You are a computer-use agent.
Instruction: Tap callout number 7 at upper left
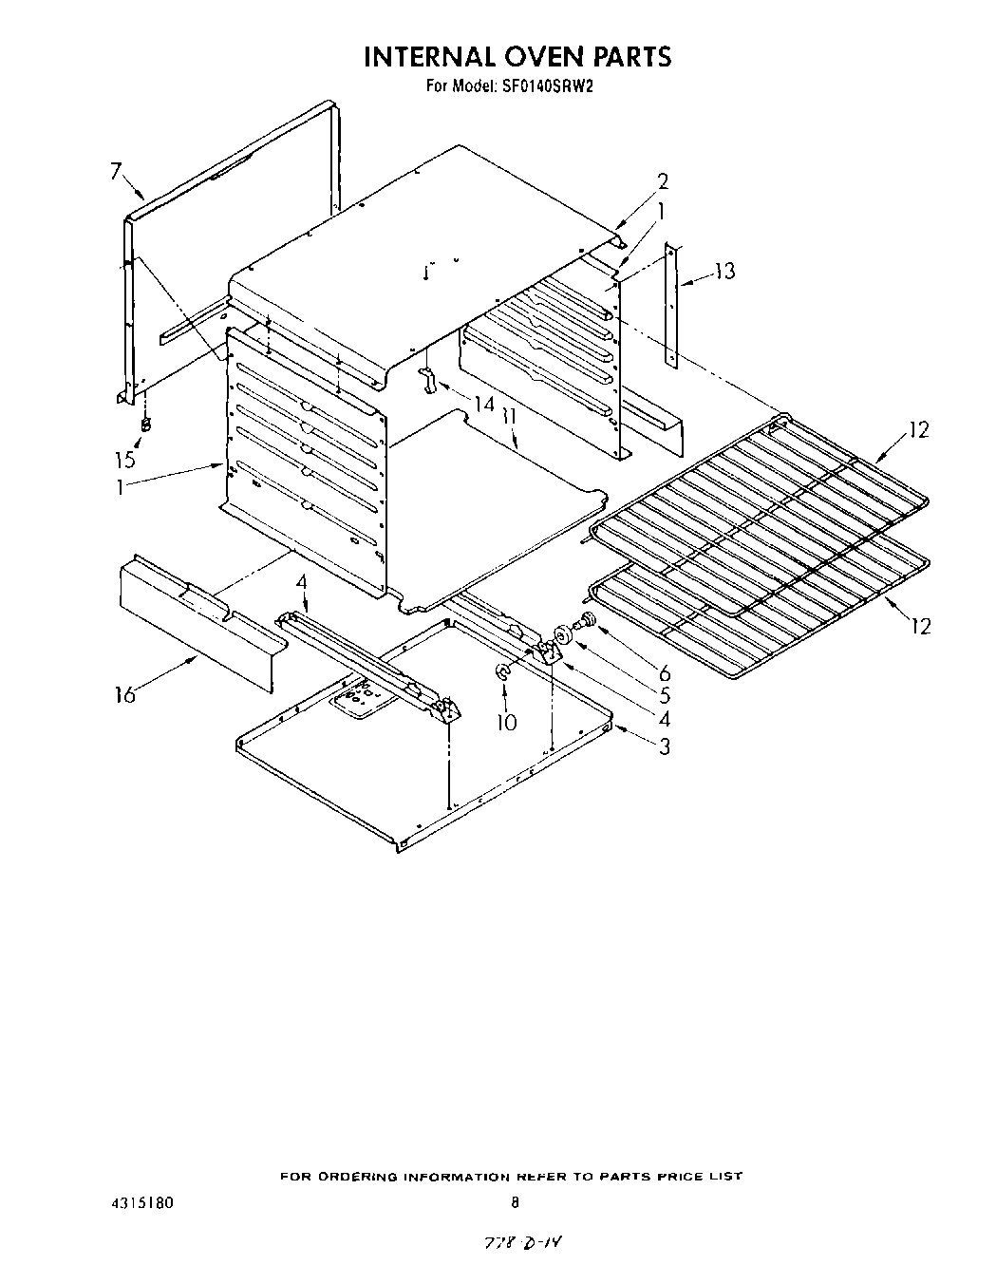[116, 172]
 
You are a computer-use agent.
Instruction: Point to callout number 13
[724, 272]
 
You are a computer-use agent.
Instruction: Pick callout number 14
[483, 404]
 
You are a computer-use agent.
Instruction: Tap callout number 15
[125, 460]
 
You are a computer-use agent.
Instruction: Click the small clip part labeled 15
[145, 425]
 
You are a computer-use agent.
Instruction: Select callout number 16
[124, 695]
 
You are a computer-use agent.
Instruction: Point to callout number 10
[507, 723]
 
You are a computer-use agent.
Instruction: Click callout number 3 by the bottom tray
[664, 746]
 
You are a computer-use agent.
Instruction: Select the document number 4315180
[141, 1202]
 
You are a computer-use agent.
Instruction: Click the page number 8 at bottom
[516, 1202]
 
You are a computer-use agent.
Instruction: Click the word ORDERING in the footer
[357, 1177]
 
